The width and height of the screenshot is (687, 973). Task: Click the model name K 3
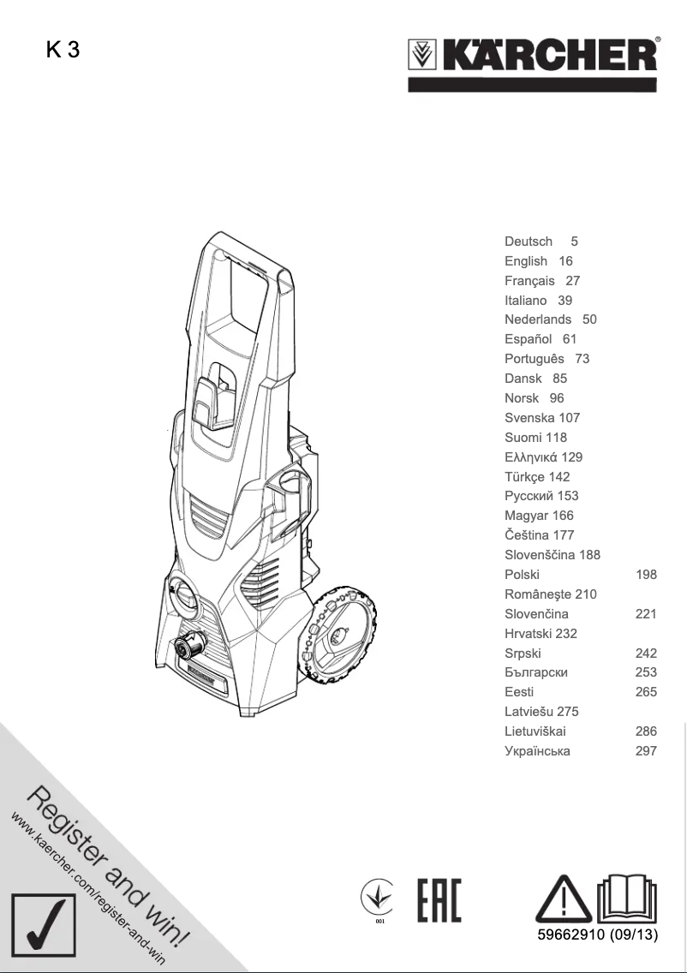63,51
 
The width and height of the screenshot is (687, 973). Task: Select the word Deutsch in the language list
529,242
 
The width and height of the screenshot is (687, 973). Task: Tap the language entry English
526,261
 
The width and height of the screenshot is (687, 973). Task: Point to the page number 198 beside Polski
646,575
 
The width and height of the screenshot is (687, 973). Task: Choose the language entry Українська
537,751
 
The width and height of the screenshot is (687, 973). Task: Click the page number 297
646,751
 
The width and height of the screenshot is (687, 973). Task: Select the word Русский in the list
529,496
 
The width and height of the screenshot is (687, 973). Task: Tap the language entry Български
536,672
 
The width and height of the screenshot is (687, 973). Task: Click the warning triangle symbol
563,898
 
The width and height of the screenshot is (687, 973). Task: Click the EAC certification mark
439,900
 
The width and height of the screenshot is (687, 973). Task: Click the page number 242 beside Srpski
646,653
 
